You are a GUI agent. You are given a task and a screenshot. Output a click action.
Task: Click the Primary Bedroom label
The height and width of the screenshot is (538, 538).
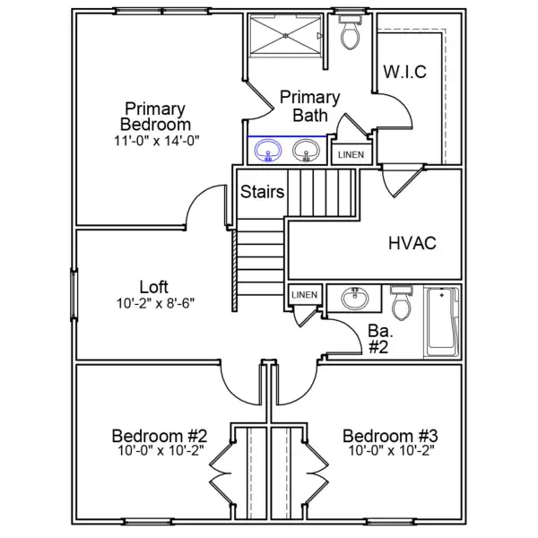(x=155, y=117)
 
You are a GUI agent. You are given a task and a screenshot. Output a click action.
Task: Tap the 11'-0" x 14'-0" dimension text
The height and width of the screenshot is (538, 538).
(x=156, y=141)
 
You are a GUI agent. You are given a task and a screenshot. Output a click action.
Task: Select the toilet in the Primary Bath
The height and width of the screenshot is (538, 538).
(x=350, y=31)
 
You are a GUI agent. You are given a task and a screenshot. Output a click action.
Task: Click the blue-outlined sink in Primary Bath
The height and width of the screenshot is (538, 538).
(x=268, y=151)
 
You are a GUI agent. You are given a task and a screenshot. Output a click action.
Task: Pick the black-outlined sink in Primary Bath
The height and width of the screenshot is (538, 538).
(x=306, y=151)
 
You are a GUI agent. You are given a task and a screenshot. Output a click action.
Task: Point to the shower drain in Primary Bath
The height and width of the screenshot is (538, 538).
(x=286, y=35)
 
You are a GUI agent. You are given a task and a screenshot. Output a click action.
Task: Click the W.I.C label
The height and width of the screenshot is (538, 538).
(x=405, y=72)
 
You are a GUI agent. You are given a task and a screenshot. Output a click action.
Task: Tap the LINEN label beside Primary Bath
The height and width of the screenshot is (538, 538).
(x=351, y=155)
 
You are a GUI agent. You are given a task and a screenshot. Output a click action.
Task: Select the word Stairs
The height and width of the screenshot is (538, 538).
(x=263, y=192)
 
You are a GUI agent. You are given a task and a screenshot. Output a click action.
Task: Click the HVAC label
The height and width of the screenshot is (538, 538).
(x=412, y=243)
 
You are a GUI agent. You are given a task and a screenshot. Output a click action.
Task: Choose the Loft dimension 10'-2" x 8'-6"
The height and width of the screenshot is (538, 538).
(x=155, y=303)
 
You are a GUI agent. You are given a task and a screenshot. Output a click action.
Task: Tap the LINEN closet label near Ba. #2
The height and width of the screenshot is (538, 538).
(x=304, y=295)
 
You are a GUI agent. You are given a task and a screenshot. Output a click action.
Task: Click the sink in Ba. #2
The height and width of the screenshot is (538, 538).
(x=355, y=298)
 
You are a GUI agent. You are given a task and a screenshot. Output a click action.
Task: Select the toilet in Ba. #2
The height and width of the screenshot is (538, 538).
(x=402, y=302)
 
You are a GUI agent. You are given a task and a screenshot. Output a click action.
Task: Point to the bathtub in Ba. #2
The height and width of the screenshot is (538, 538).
(x=443, y=322)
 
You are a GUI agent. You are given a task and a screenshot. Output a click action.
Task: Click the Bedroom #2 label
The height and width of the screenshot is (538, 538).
(x=160, y=436)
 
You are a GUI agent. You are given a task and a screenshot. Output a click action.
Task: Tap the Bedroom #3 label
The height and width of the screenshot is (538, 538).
(x=390, y=436)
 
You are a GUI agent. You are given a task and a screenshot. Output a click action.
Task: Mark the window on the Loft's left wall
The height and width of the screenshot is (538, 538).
(x=74, y=295)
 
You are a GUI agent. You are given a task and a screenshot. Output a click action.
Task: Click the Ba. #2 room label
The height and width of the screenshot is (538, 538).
(x=380, y=339)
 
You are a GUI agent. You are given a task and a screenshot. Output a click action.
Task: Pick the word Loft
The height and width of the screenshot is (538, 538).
(x=153, y=287)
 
